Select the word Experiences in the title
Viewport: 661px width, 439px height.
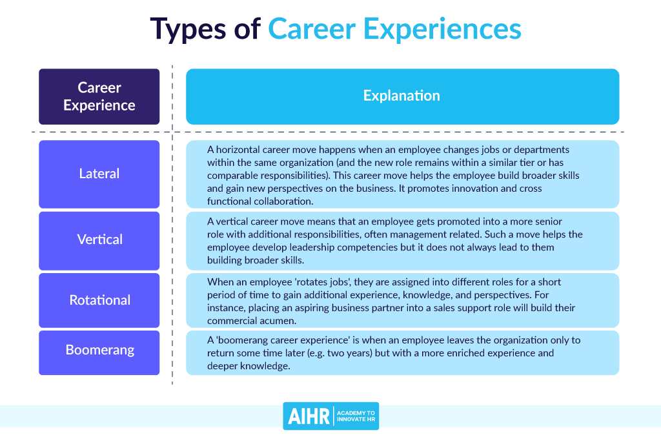pyautogui.click(x=442, y=30)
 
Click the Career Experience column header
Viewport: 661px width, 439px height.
pyautogui.click(x=99, y=97)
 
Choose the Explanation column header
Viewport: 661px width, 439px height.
pyautogui.click(x=403, y=97)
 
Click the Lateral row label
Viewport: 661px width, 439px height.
pyautogui.click(x=99, y=174)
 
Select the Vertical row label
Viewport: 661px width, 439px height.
pyautogui.click(x=99, y=240)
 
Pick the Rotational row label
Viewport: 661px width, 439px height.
pyautogui.click(x=99, y=300)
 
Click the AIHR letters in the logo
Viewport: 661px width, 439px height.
pyautogui.click(x=309, y=416)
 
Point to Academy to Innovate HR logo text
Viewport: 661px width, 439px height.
pyautogui.click(x=356, y=416)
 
